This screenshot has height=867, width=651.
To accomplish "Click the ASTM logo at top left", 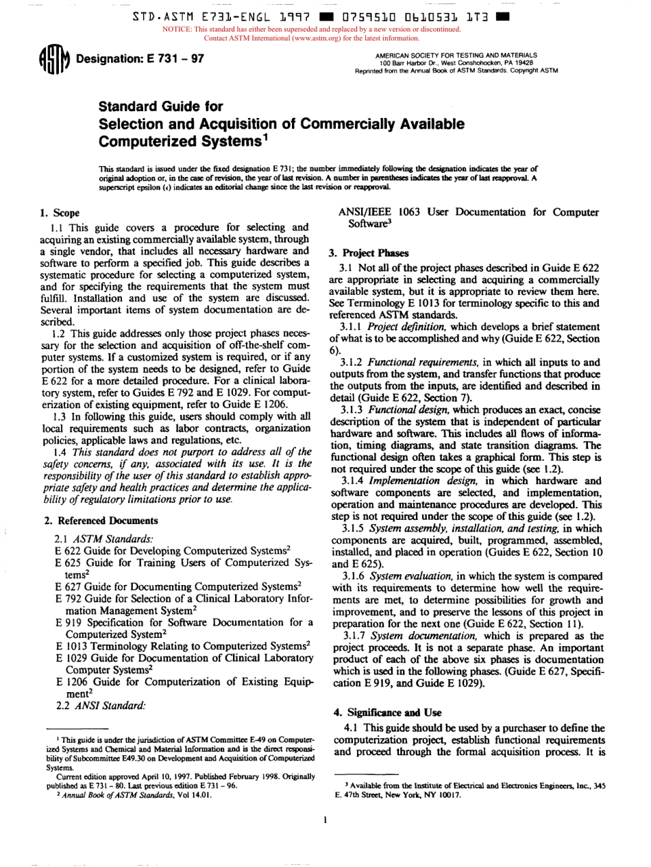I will point(52,59).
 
